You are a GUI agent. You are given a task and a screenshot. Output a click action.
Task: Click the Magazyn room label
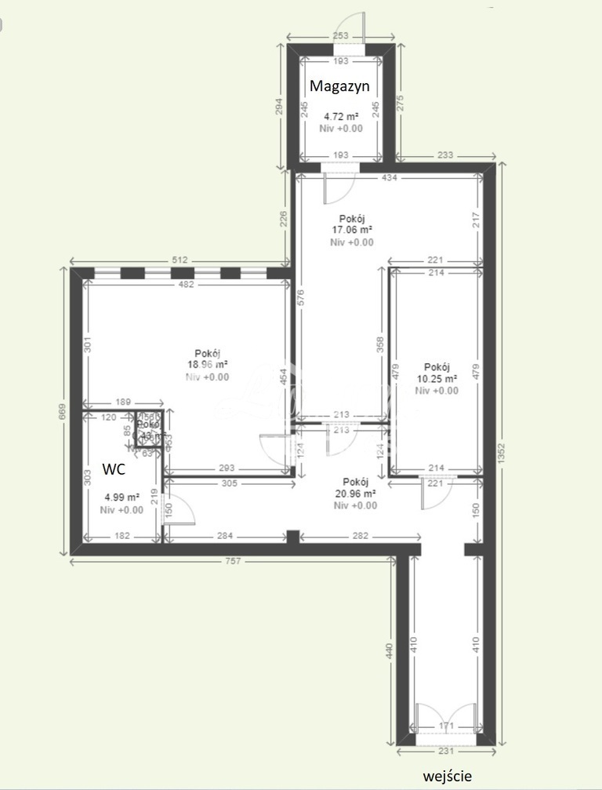(x=339, y=86)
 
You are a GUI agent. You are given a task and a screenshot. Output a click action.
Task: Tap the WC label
(x=115, y=471)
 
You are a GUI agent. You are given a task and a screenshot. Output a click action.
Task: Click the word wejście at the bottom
(x=448, y=776)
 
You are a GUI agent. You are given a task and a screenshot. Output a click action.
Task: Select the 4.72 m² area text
(x=341, y=116)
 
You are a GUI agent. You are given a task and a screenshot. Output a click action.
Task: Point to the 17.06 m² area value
(x=351, y=231)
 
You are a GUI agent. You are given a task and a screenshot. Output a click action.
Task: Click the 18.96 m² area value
(x=208, y=365)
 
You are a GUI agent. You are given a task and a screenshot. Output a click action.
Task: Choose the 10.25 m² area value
(x=437, y=379)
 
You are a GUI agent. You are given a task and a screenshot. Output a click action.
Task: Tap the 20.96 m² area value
(x=355, y=493)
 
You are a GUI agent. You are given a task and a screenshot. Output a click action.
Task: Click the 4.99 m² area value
(x=121, y=497)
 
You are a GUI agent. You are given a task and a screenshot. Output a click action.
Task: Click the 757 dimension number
(x=232, y=561)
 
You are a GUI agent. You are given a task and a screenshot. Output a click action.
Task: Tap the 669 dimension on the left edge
(x=64, y=411)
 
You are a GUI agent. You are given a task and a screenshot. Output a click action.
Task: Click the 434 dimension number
(x=390, y=178)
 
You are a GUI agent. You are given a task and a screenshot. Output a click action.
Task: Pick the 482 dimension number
(x=186, y=285)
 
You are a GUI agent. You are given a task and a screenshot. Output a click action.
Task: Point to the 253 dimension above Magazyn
(x=340, y=36)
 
